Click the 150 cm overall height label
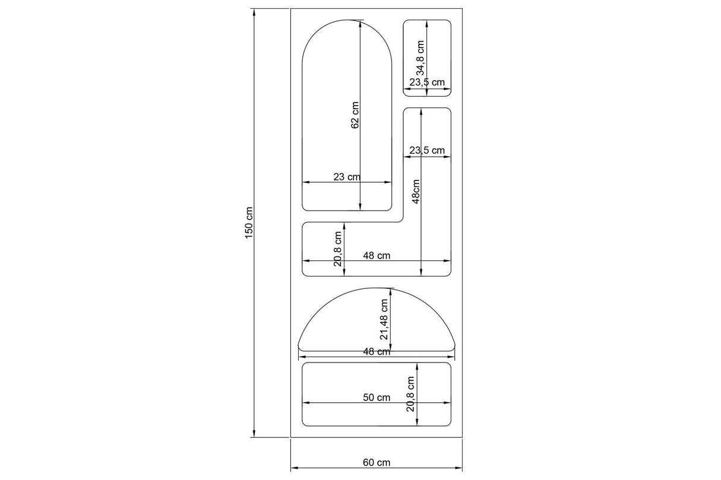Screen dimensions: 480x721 tap(249, 223)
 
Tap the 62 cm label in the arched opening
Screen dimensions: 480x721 tap(355, 115)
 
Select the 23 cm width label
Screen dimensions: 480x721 tap(346, 176)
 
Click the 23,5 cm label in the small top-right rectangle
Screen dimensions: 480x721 tap(427, 82)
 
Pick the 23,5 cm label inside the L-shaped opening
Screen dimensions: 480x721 tap(427, 150)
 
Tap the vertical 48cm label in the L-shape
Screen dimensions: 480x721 tap(416, 192)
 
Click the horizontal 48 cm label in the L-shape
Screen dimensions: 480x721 tap(376, 255)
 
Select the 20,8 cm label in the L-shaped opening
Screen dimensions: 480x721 tap(337, 249)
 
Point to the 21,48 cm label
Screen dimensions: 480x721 tap(384, 319)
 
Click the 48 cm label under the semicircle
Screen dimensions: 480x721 tap(376, 351)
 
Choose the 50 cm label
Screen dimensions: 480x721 tap(376, 398)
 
